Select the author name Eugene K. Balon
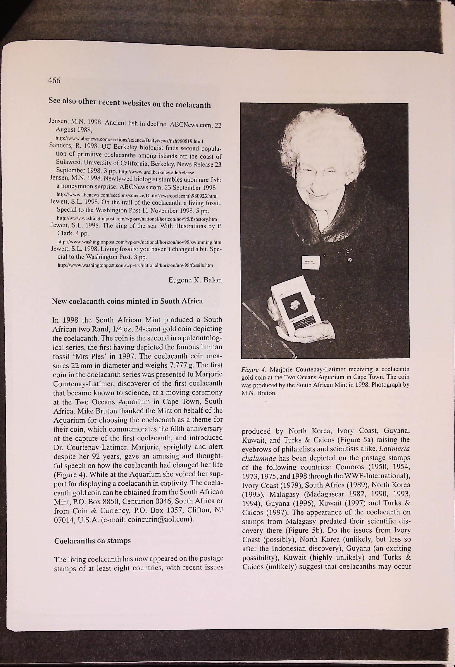195,280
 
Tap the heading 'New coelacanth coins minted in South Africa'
127,301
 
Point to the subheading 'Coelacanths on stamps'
93,541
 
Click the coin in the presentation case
293,307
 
